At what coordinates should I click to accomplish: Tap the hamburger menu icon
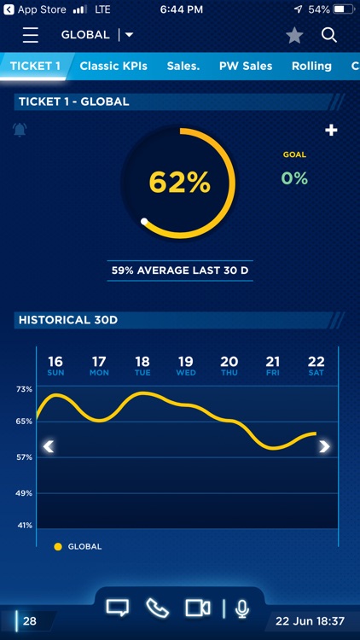tap(31, 35)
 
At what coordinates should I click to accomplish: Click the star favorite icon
tap(294, 35)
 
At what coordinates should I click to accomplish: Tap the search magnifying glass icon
tap(329, 35)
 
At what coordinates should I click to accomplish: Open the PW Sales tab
tap(246, 66)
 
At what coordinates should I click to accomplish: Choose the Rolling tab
tap(311, 66)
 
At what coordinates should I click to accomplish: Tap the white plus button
tap(332, 130)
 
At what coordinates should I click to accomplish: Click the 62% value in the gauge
tap(179, 182)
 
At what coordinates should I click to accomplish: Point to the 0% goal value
tap(294, 178)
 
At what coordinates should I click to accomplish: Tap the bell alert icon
tap(20, 130)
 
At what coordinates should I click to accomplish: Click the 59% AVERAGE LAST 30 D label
tap(179, 271)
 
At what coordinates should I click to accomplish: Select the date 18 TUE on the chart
tap(142, 365)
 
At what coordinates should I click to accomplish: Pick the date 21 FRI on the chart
tap(273, 365)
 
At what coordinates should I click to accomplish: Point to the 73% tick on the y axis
tap(23, 389)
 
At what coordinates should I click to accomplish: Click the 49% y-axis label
tap(23, 493)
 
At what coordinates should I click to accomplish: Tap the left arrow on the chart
tap(49, 446)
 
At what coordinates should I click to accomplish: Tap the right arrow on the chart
tap(324, 446)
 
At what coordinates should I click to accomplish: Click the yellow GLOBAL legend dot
tap(58, 546)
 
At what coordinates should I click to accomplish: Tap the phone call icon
tap(158, 608)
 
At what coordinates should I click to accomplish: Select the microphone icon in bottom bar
tap(242, 608)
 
